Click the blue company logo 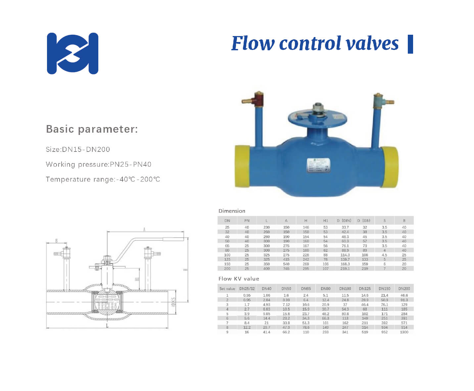pos(72,53)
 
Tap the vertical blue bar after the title pos(410,44)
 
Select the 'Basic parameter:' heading pos(92,129)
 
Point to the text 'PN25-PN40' pos(130,164)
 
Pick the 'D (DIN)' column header pos(345,221)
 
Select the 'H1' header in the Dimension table pos(325,221)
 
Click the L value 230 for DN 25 pos(266,227)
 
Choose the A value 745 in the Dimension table pos(286,269)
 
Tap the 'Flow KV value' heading pos(239,279)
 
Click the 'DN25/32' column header pos(247,289)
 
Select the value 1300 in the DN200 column pos(404,332)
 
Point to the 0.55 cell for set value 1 pos(247,295)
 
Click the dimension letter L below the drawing pos(107,326)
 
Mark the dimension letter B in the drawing pos(56,240)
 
